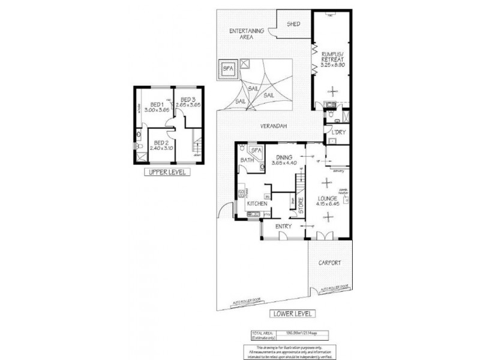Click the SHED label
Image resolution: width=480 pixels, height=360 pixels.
point(293,24)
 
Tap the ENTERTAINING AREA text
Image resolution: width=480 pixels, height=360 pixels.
point(247,33)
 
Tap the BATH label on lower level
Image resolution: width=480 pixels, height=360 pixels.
point(246,160)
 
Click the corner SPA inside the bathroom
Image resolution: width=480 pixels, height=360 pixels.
point(256,150)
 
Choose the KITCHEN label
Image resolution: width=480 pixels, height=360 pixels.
point(257,205)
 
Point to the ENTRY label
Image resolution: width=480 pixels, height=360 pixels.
point(283,226)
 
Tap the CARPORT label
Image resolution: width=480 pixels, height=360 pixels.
point(330,262)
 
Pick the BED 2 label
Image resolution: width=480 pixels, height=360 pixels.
point(161,145)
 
